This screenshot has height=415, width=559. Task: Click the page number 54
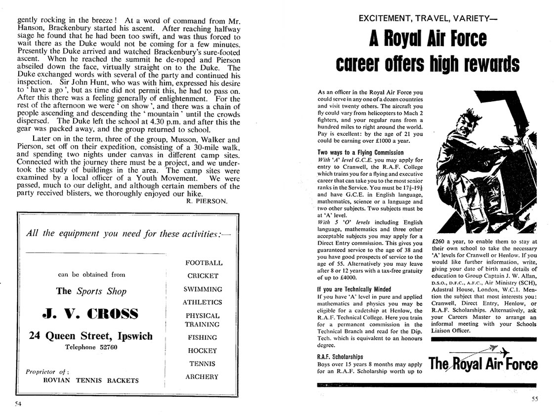click(18, 403)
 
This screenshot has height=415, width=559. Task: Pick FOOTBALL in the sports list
click(204, 263)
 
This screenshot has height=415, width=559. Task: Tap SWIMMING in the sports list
click(203, 289)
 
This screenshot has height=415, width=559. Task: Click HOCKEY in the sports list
click(202, 350)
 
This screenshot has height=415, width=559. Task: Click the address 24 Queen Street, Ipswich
click(90, 336)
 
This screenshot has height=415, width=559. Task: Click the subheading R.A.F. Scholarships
click(340, 357)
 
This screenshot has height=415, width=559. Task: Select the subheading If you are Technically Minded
click(353, 289)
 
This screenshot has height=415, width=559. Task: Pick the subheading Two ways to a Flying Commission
click(360, 153)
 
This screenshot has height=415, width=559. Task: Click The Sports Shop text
click(91, 291)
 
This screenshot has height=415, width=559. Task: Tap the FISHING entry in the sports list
click(202, 337)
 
